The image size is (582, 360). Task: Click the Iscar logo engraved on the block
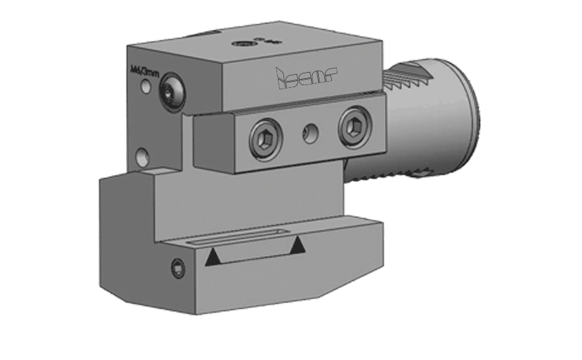[x=305, y=79]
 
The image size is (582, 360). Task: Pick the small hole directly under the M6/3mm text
[x=145, y=87]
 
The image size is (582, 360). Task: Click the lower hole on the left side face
[x=142, y=154]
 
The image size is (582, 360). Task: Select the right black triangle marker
[x=298, y=244]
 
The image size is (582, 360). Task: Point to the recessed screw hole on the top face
[x=242, y=44]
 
